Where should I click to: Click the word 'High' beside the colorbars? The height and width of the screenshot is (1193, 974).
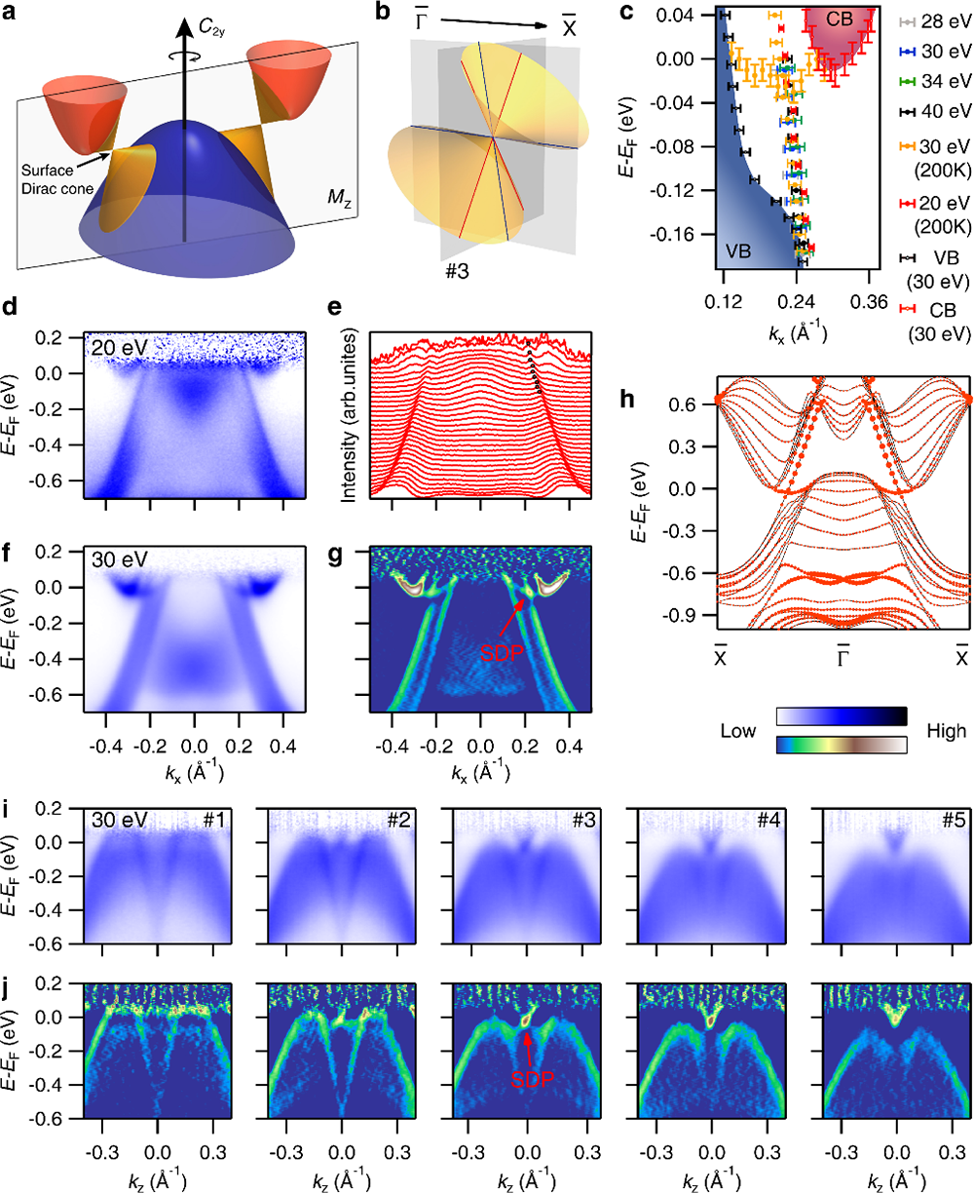(936, 730)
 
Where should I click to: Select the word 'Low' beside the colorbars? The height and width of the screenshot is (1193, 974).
(745, 730)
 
